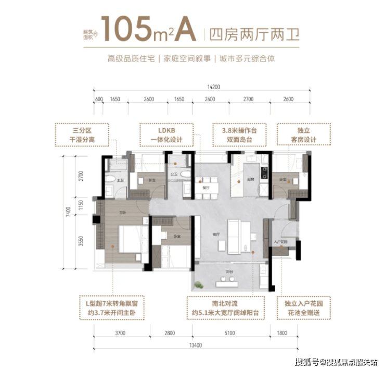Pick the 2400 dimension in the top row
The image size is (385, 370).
[210, 99]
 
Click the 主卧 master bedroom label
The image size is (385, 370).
[123, 213]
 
